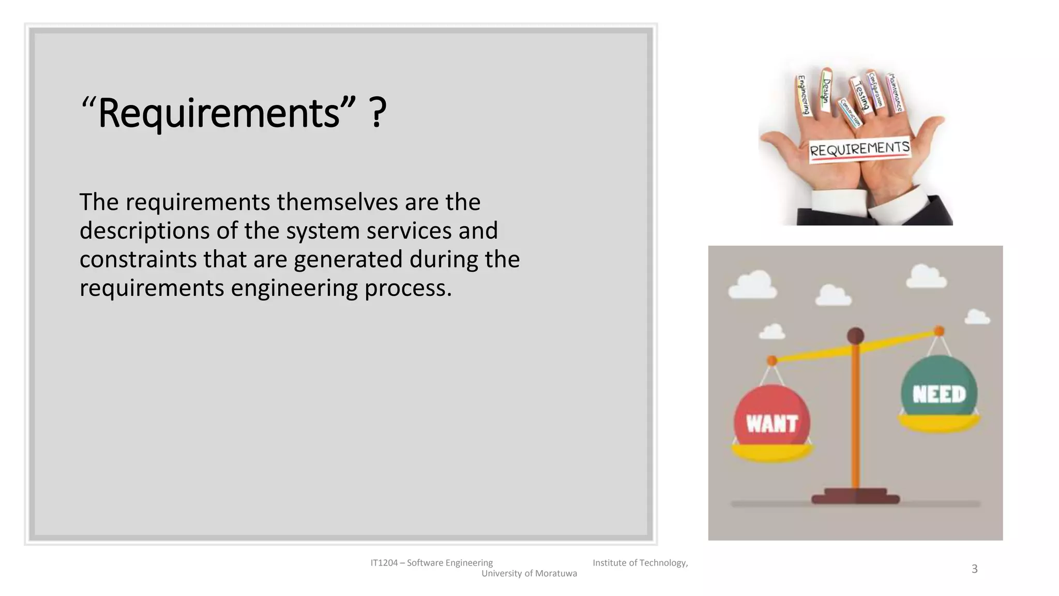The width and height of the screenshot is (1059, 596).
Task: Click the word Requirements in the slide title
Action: pos(219,113)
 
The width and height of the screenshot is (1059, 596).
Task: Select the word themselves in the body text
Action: pos(337,202)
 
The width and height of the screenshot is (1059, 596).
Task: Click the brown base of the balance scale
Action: pos(855,497)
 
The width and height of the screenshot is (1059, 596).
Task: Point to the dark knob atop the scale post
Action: pos(856,336)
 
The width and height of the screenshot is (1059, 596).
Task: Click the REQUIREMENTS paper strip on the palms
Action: pos(859,150)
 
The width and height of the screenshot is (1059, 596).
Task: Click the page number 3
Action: pos(974,569)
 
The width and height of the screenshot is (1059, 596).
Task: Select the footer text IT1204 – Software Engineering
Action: pos(432,563)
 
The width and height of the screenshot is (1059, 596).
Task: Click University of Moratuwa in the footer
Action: pos(529,573)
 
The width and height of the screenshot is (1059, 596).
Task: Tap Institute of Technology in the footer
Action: pos(640,563)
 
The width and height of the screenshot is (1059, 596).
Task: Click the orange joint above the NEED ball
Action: pos(939,331)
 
